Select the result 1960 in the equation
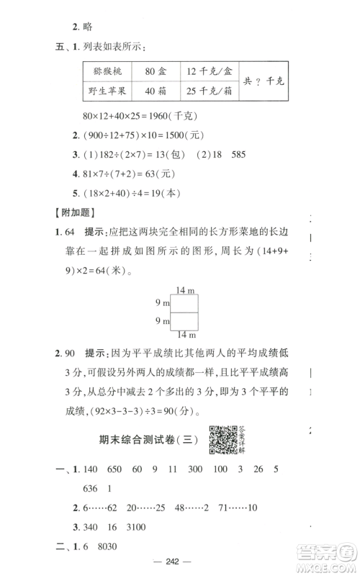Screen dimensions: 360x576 [x=154, y=115]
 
